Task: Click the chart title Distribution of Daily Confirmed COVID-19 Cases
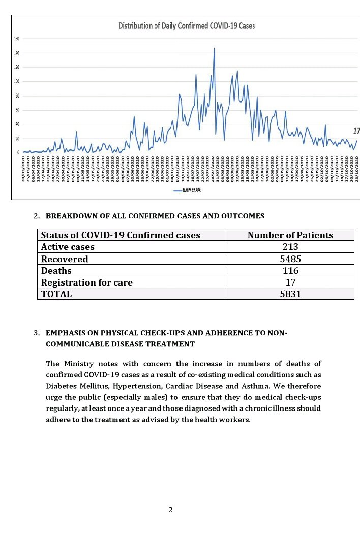pos(187,25)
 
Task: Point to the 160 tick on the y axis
pos(17,39)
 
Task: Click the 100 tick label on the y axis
pos(17,81)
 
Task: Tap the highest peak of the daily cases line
pos(215,48)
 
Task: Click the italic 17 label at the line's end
pos(356,131)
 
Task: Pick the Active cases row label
pos(68,247)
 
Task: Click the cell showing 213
pos(290,247)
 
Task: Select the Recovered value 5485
pos(290,259)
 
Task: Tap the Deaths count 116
pos(290,270)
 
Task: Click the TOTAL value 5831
pos(290,294)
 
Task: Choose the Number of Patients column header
pos(290,235)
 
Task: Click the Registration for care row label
pos(86,282)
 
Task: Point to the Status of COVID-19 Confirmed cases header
pos(121,235)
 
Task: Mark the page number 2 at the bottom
pos(171,510)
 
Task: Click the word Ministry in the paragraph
pos(80,363)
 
